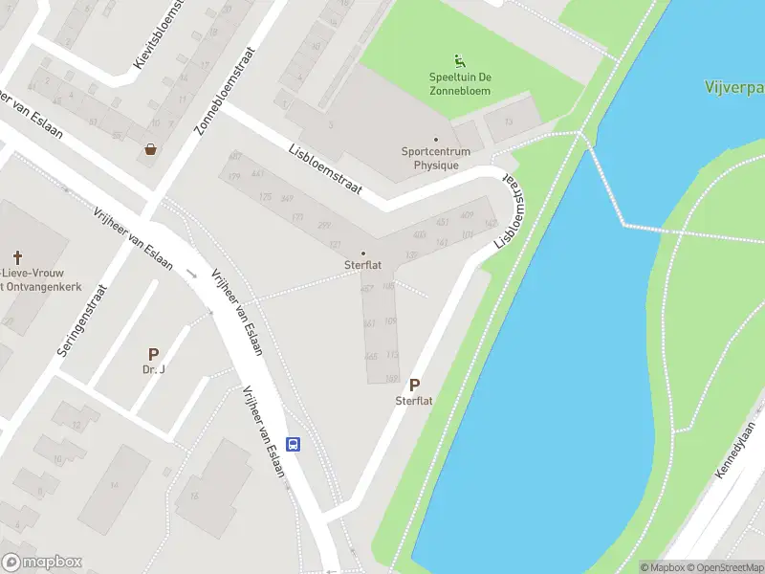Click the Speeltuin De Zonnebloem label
[x=460, y=84]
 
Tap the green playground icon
[x=460, y=60]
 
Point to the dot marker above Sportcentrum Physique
[x=436, y=140]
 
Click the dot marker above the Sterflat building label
[x=362, y=253]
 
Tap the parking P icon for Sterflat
[x=414, y=385]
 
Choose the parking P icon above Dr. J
[x=153, y=354]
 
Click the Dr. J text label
[x=154, y=369]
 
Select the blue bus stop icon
[x=294, y=444]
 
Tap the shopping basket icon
[x=151, y=148]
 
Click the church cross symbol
[x=17, y=256]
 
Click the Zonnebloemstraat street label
[x=227, y=91]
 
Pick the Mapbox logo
[x=42, y=563]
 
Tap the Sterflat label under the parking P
[x=414, y=401]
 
